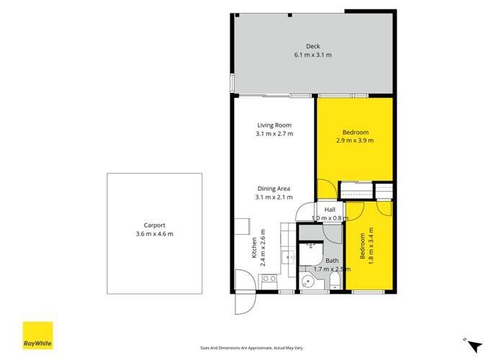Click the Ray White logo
[37, 336]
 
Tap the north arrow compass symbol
[474, 345]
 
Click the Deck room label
[312, 46]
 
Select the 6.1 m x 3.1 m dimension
[312, 55]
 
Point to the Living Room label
[274, 125]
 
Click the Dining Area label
[274, 189]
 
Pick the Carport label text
[154, 225]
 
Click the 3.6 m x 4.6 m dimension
[154, 234]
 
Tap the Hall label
[330, 210]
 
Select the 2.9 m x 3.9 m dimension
[355, 140]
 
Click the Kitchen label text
[254, 248]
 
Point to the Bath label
[332, 261]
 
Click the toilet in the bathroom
[336, 281]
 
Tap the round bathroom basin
[308, 282]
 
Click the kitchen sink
[288, 258]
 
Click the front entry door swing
[246, 302]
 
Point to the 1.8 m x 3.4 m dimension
[371, 246]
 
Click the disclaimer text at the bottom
[252, 348]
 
